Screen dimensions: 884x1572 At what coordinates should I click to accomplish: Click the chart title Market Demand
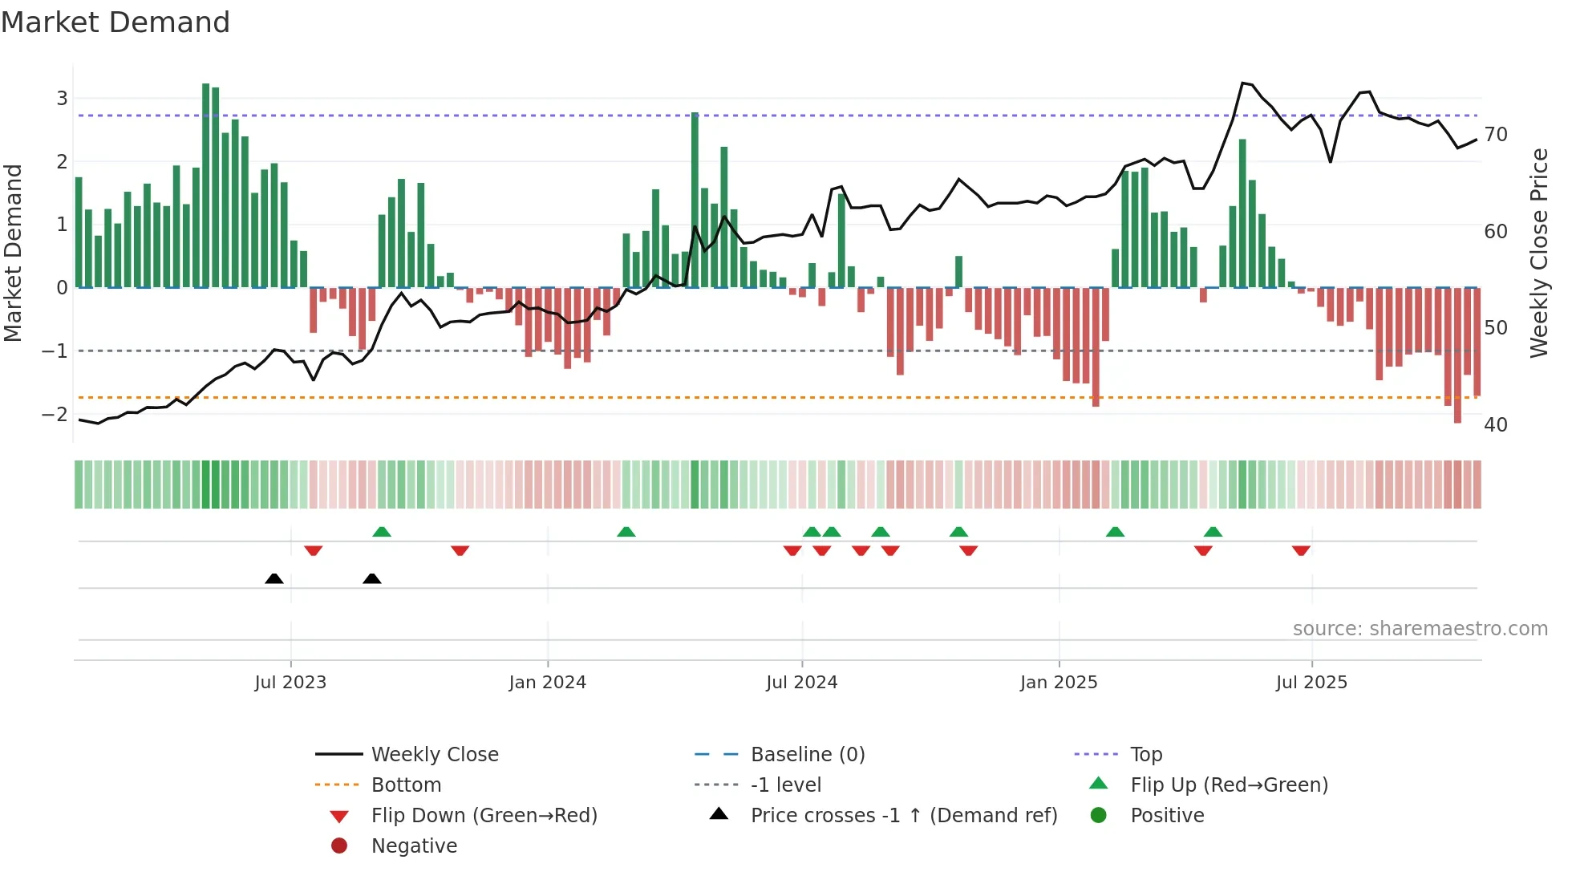115,22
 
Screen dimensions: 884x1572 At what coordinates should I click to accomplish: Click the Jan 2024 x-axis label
547,683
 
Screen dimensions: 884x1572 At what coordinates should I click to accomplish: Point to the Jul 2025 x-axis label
1311,683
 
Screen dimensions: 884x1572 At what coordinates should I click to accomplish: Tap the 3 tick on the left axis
62,99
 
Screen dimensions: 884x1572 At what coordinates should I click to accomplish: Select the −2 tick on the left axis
55,415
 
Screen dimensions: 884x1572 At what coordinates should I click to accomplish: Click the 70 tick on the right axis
1495,135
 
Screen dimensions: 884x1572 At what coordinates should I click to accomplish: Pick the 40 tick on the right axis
1495,425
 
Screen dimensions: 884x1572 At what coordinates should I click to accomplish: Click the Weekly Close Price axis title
1538,253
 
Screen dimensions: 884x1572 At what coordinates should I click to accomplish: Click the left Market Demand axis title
14,253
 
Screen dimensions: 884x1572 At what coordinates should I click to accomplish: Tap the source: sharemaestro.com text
1420,629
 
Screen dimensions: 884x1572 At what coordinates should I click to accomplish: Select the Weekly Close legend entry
434,755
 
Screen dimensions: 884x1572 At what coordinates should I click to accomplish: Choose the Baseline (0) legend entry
807,755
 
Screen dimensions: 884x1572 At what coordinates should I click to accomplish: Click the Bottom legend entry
406,785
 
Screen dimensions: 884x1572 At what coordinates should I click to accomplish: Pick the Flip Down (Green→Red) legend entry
484,816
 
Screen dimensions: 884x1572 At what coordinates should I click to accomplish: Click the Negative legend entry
414,846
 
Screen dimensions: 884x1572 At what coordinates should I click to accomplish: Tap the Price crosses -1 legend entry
903,816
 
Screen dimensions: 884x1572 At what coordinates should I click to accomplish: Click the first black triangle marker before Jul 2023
274,578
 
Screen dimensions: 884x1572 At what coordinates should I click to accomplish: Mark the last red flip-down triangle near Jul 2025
1301,550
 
